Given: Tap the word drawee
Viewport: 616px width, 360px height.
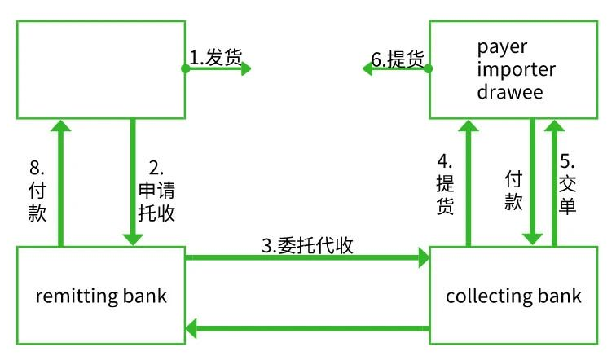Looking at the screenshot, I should pyautogui.click(x=510, y=91).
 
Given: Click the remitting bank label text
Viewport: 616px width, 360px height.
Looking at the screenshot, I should pyautogui.click(x=101, y=295).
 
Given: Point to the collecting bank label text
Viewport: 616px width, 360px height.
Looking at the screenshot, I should pyautogui.click(x=513, y=295).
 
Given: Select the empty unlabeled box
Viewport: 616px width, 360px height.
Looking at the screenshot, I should pyautogui.click(x=99, y=69).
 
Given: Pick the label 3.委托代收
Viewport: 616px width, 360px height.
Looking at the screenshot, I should pyautogui.click(x=307, y=245).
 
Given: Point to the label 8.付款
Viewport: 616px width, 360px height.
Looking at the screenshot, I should pyautogui.click(x=37, y=191).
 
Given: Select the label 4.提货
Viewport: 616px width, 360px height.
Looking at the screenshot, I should pyautogui.click(x=444, y=183).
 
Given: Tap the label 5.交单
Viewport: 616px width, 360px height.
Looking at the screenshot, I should pyautogui.click(x=568, y=183).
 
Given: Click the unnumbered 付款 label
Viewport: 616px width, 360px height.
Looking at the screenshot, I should pyautogui.click(x=513, y=189).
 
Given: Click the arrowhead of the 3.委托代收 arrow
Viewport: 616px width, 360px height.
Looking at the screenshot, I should pyautogui.click(x=423, y=259).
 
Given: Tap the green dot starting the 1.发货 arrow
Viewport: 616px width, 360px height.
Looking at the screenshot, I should pyautogui.click(x=186, y=69).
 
